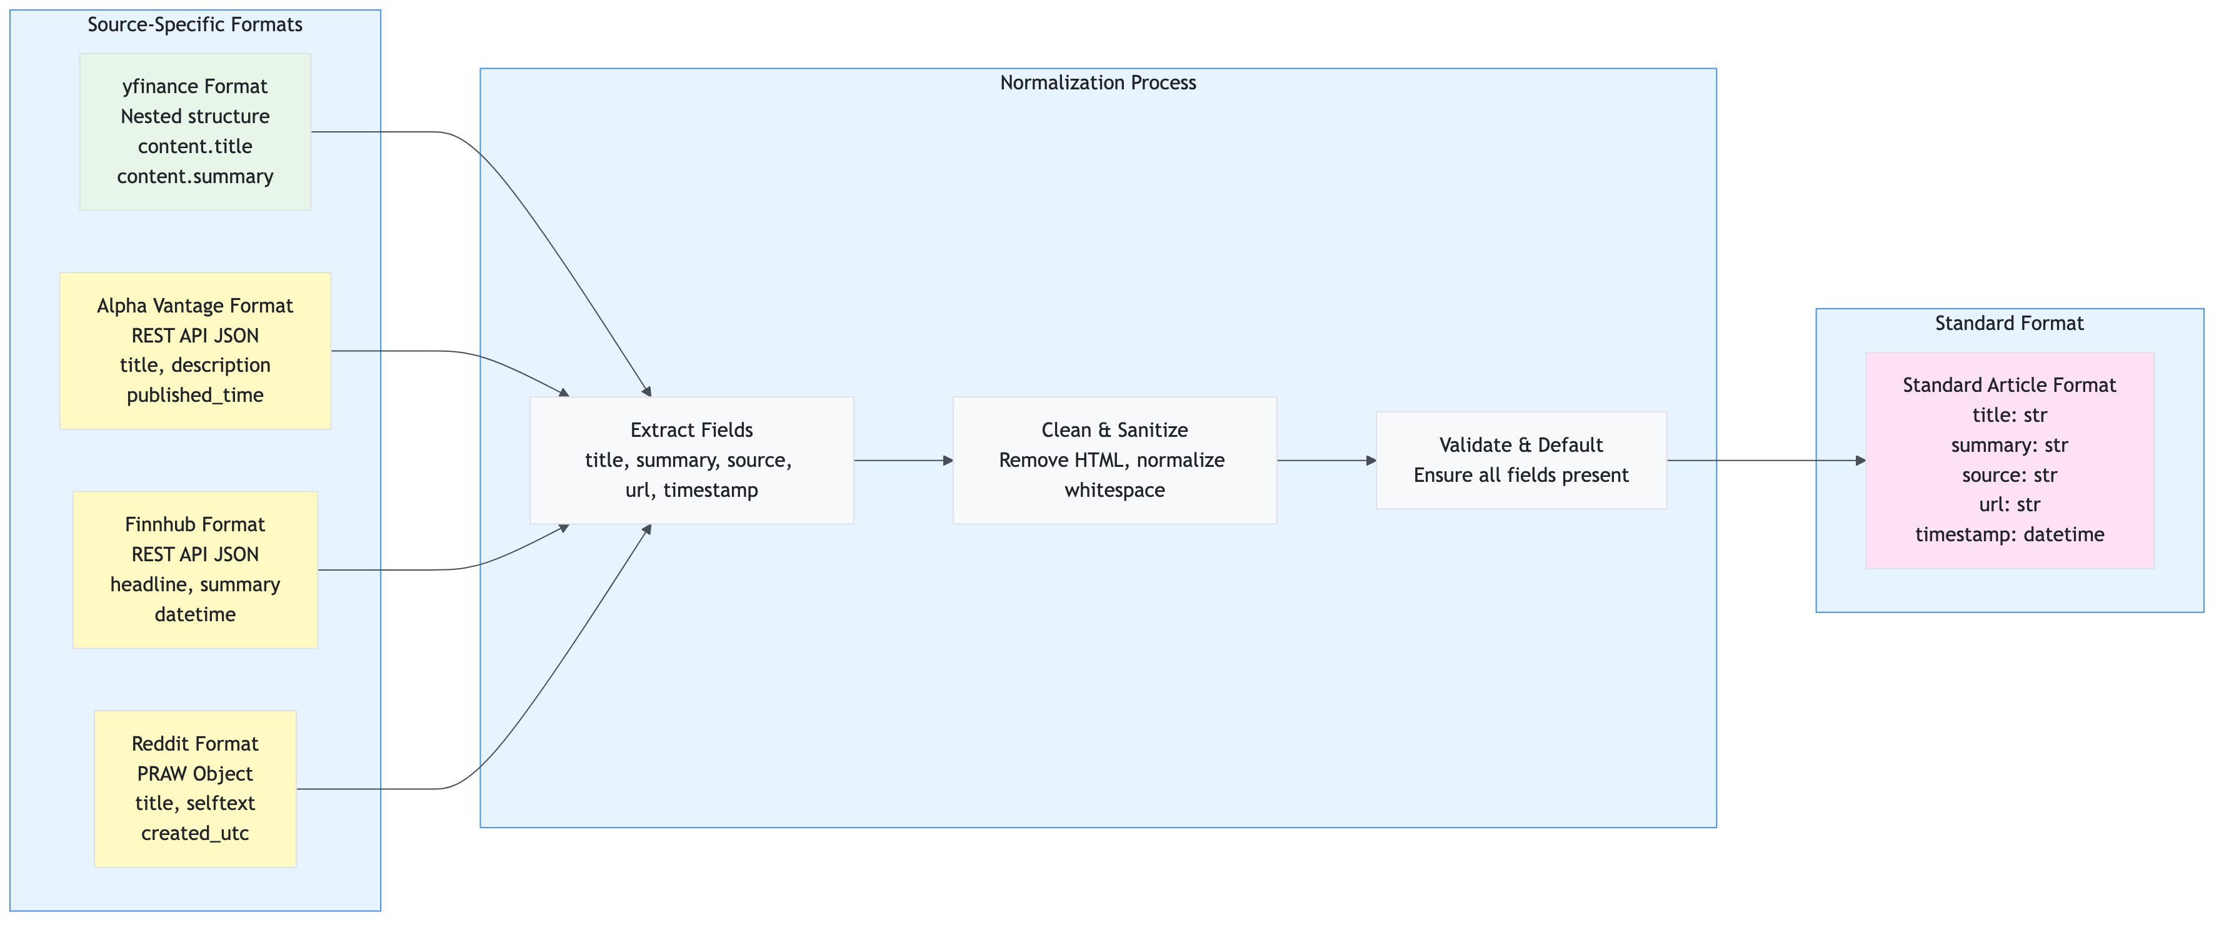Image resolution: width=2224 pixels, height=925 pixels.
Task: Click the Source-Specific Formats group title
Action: click(x=195, y=24)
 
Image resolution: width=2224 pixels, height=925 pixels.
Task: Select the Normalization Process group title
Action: click(x=1098, y=83)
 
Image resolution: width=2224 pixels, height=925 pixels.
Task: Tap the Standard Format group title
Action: click(x=2009, y=324)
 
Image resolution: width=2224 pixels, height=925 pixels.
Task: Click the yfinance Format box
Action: click(x=195, y=131)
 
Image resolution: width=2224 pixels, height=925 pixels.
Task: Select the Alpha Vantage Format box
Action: click(x=195, y=351)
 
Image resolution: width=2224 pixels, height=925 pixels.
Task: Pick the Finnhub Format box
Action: click(x=195, y=569)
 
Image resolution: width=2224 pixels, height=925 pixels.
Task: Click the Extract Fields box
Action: click(x=691, y=460)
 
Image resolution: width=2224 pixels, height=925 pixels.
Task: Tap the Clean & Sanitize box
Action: click(x=1114, y=460)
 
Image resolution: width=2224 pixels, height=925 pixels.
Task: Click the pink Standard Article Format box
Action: click(x=2009, y=460)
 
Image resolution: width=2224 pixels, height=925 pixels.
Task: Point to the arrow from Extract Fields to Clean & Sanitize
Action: click(x=902, y=461)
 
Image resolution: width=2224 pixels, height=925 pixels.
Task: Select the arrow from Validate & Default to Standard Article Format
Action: click(x=1766, y=461)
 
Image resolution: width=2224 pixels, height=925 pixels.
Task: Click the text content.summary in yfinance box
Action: click(x=195, y=176)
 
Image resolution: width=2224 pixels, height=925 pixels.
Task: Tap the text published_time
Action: click(x=195, y=395)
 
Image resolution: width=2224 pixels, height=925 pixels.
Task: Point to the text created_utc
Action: click(x=195, y=834)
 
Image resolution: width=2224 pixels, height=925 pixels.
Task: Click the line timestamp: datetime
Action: click(x=2009, y=534)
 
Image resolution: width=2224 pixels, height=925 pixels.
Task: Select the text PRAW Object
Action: click(x=195, y=773)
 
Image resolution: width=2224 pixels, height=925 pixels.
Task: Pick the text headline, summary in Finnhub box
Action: click(x=195, y=584)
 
